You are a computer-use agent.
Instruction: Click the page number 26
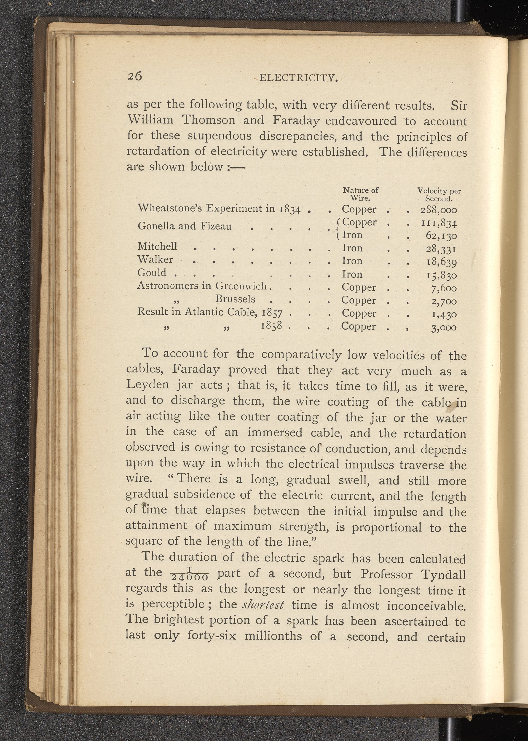[x=135, y=76]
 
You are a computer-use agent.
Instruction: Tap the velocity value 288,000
[x=439, y=210]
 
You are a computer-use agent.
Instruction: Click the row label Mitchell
[x=157, y=246]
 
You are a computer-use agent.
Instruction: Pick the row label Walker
[x=155, y=259]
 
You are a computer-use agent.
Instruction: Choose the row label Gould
[x=152, y=272]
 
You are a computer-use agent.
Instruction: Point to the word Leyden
[x=147, y=385]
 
